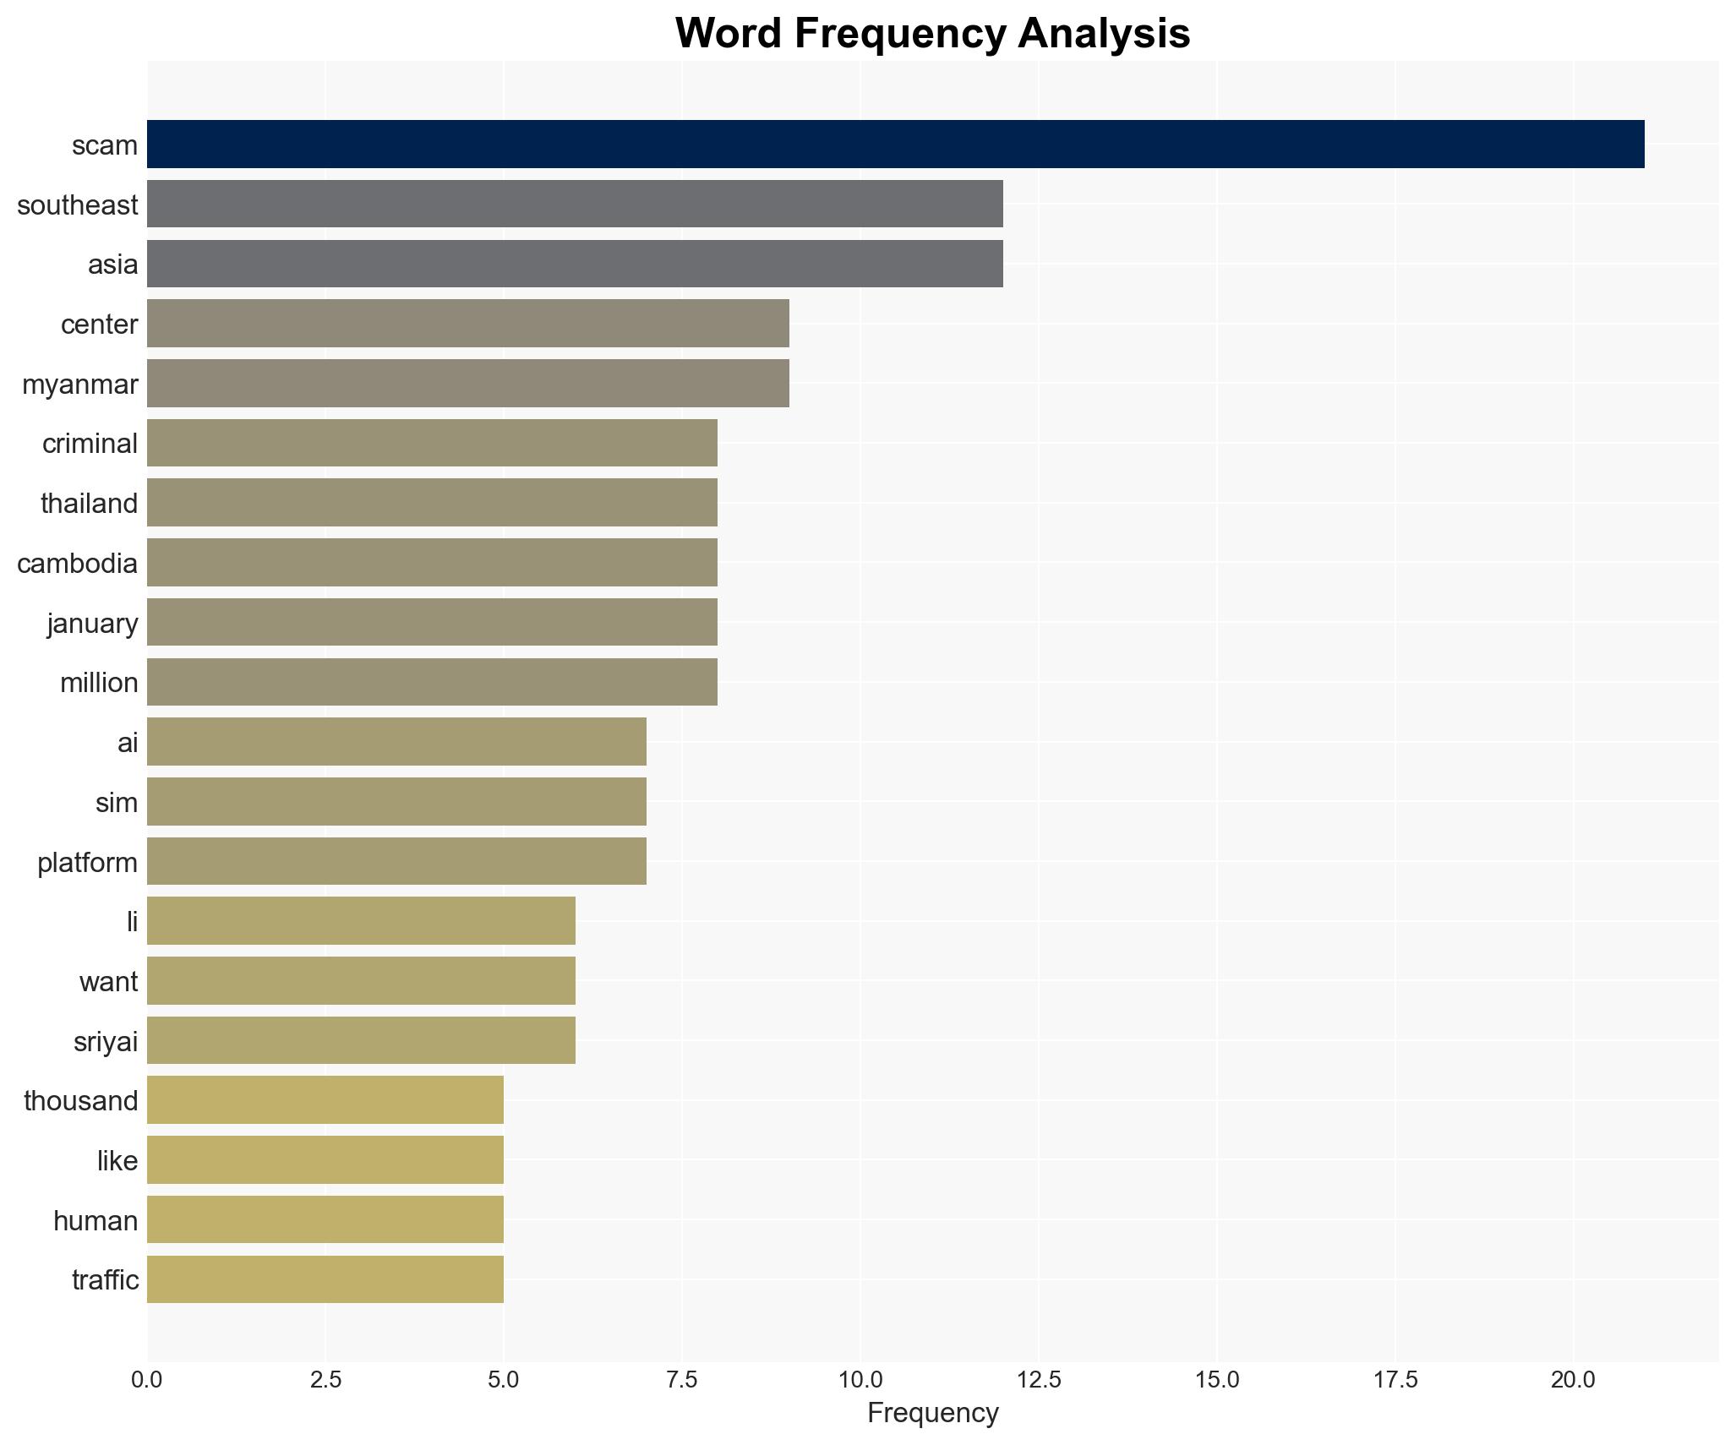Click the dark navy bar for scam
[895, 144]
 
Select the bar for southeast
[575, 204]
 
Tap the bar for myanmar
[467, 383]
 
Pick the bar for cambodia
[432, 563]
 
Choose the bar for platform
[396, 861]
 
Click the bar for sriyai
[361, 1040]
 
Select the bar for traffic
[325, 1279]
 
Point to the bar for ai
[396, 742]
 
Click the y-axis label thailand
[89, 504]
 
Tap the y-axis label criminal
[90, 444]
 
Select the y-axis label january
[92, 624]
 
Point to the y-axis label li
[132, 922]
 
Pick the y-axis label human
[95, 1220]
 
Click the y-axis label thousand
[80, 1101]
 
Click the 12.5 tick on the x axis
[1039, 1380]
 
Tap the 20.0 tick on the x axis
[1573, 1380]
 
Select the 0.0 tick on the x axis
[147, 1380]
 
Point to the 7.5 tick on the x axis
[682, 1380]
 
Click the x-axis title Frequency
[932, 1413]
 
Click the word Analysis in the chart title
[1103, 34]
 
